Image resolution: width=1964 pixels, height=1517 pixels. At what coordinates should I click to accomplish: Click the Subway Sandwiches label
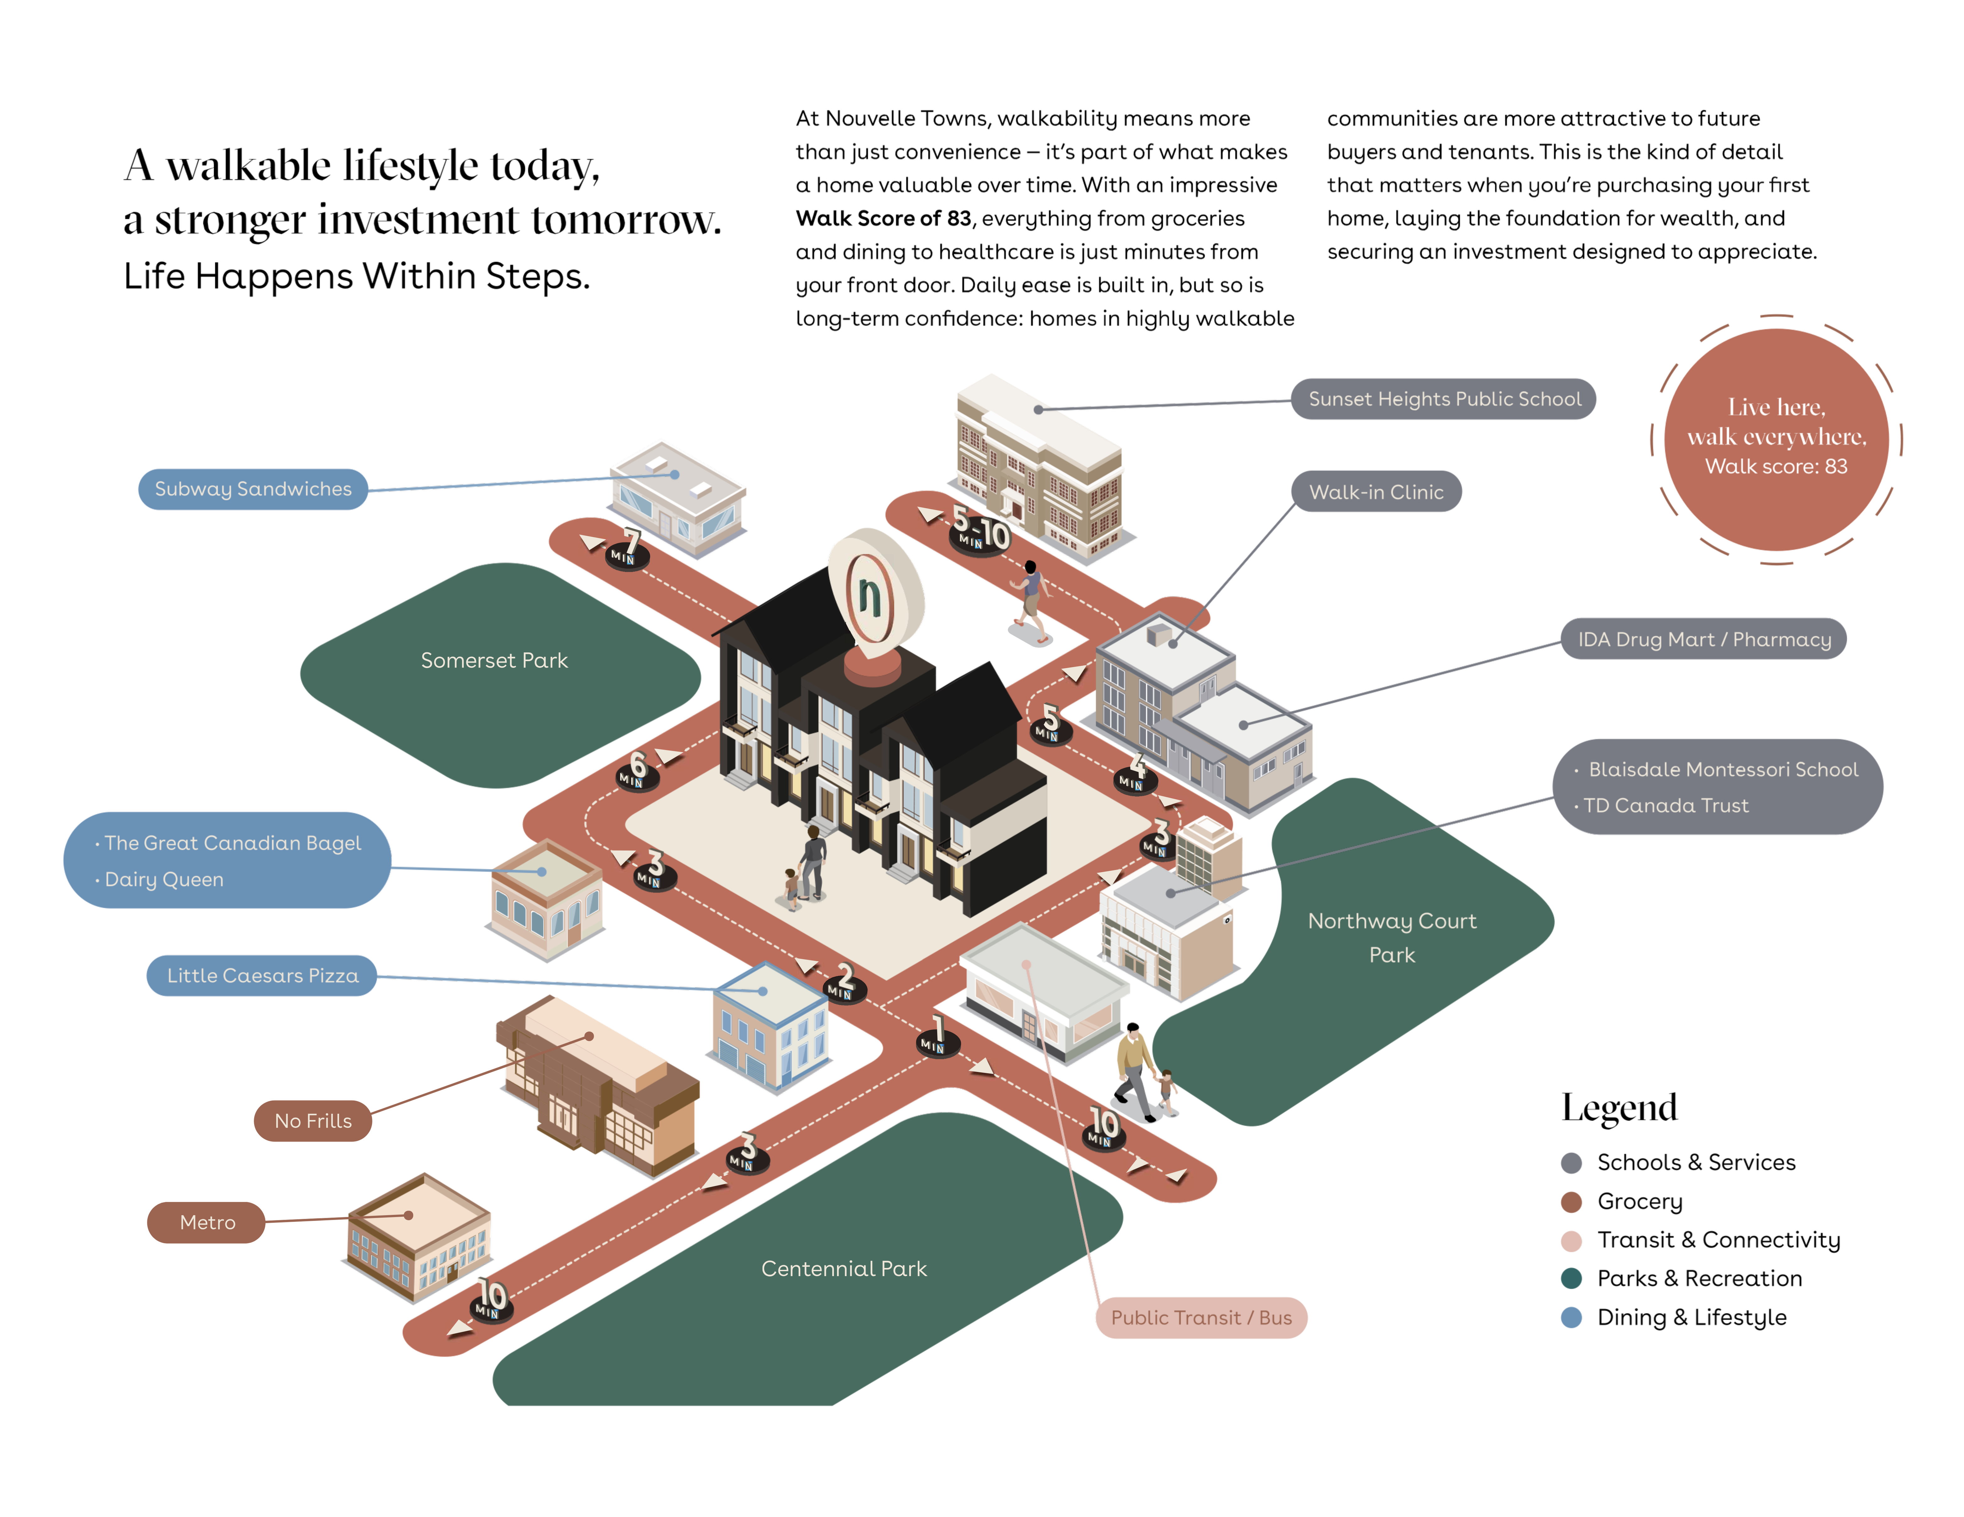click(x=253, y=489)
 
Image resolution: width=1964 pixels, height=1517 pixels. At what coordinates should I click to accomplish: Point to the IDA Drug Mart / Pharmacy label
click(x=1703, y=639)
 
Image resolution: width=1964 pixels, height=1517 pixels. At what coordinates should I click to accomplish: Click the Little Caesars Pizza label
click(x=262, y=976)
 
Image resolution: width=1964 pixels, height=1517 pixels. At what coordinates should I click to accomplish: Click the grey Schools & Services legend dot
click(x=1571, y=1163)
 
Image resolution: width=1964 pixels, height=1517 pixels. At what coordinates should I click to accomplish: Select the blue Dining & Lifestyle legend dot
click(x=1571, y=1318)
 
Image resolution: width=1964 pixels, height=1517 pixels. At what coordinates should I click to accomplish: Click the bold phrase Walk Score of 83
click(x=883, y=219)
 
